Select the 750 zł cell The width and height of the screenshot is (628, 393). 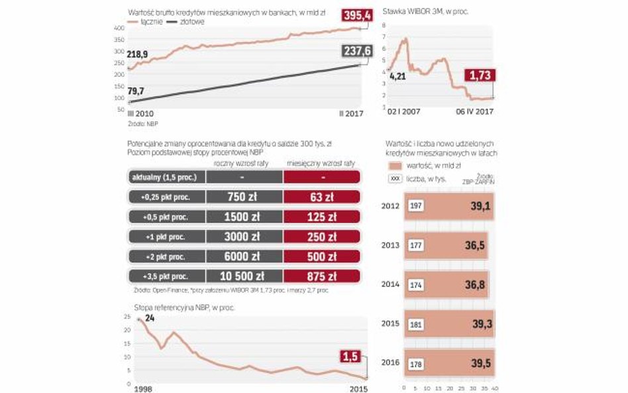(244, 197)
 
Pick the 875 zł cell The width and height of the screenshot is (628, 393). (321, 276)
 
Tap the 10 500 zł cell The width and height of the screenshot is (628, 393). (244, 276)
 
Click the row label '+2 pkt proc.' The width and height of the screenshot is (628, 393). (166, 256)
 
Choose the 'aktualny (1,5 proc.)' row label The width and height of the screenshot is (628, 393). (166, 177)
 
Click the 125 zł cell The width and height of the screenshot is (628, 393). (321, 217)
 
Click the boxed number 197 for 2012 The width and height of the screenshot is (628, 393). (415, 206)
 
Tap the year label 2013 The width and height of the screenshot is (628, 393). (391, 245)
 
